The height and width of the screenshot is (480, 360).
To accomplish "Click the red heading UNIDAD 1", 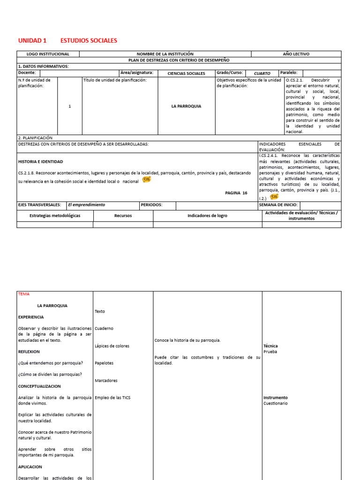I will pos(32,41).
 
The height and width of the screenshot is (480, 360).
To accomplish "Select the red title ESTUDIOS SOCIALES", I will pos(89,41).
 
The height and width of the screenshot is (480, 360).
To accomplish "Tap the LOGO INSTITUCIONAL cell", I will pos(48,54).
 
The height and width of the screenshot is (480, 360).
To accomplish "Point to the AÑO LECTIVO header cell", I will pos(296,54).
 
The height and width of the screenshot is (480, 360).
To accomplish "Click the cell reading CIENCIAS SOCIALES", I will pos(186,74).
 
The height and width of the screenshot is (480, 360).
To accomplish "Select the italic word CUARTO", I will pos(262,74).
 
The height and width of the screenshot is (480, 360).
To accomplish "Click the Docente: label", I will pos(27,73).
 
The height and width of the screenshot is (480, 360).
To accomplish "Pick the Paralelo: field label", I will pos(289,73).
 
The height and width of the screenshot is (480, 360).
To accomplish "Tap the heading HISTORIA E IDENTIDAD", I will pos(40,162).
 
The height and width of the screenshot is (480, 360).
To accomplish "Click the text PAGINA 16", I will pos(236,193).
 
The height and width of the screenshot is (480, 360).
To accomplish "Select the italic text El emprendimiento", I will pos(86,205).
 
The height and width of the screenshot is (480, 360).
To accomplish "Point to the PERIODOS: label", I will pos(151,205).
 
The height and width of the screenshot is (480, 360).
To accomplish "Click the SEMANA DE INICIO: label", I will pos(278,205).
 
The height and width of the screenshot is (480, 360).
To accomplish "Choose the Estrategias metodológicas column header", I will pos(55,216).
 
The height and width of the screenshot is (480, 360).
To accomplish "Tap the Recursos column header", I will pos(123,216).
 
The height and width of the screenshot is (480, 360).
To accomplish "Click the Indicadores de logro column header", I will pos(207,216).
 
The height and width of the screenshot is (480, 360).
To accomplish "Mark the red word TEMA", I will pos(23,294).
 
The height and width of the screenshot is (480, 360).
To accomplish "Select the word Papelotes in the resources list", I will pos(104,363).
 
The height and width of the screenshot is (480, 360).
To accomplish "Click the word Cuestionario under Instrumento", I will pos(276,403).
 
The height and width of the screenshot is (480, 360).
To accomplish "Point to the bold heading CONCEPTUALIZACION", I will pos(40,386).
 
